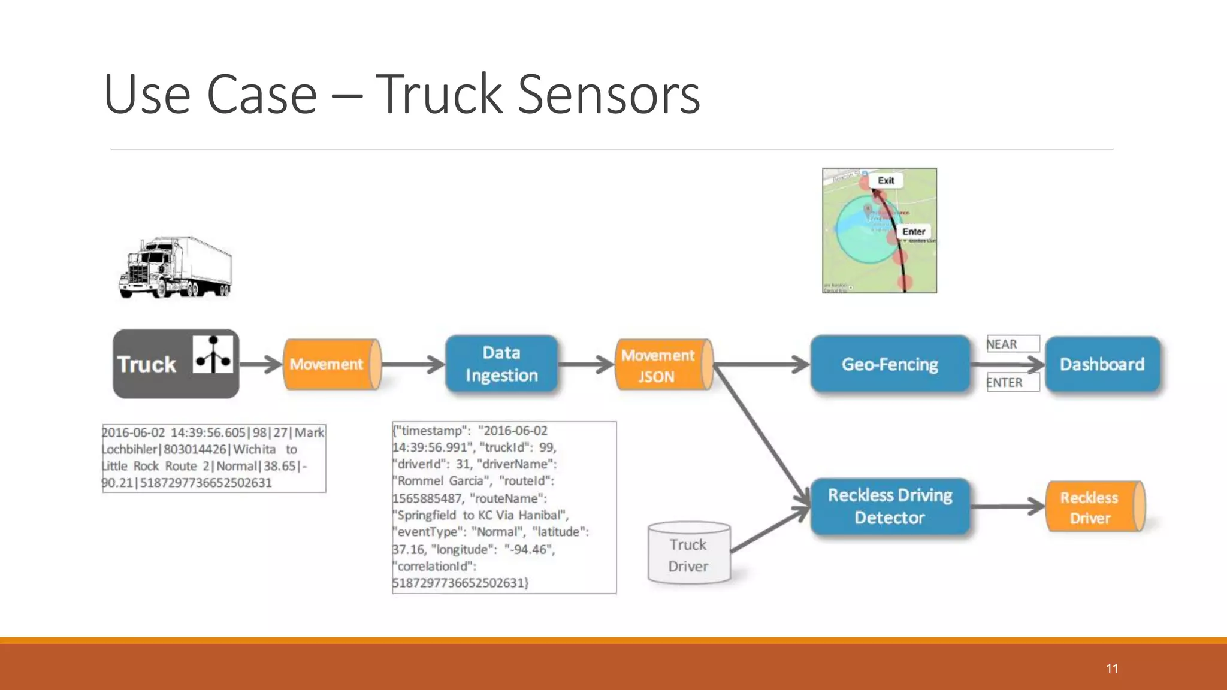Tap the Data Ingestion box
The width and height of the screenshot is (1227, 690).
[x=501, y=364]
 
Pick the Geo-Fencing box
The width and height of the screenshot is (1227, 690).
[x=890, y=364]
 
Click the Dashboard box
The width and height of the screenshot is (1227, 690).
[x=1102, y=364]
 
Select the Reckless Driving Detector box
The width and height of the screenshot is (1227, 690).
[x=890, y=506]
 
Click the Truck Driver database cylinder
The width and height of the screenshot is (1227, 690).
[x=688, y=554]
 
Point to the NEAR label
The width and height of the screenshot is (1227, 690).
[x=1013, y=344]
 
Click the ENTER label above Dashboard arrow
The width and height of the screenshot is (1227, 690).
[x=1013, y=382]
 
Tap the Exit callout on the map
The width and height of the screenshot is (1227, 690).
[x=886, y=180]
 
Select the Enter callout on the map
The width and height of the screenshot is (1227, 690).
[x=914, y=231]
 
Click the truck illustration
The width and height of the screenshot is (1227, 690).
[x=175, y=268]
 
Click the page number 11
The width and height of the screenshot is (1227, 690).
[x=1112, y=668]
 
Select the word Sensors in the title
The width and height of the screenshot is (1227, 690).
[x=609, y=95]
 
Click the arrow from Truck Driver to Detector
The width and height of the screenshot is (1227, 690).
[x=769, y=530]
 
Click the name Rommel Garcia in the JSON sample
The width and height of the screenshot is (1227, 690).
[x=440, y=481]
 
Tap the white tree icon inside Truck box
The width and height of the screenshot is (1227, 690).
[x=213, y=355]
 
